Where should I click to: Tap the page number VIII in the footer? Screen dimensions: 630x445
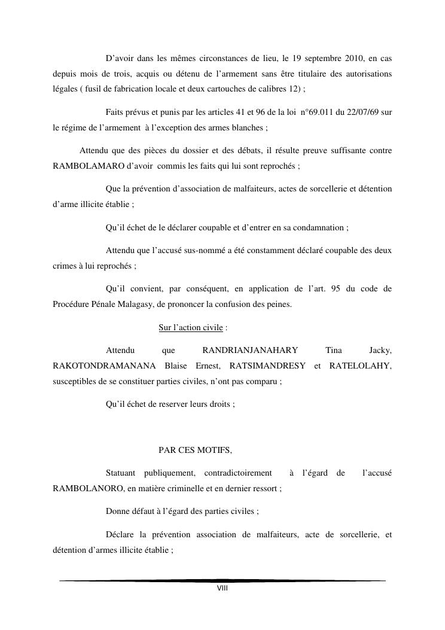[x=222, y=589]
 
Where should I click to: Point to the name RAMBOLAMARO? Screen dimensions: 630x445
[x=78, y=165]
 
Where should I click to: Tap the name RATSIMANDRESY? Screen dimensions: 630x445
[x=267, y=366]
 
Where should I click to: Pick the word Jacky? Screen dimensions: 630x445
[x=381, y=350]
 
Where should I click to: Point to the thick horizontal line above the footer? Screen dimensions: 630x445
[x=222, y=580]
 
